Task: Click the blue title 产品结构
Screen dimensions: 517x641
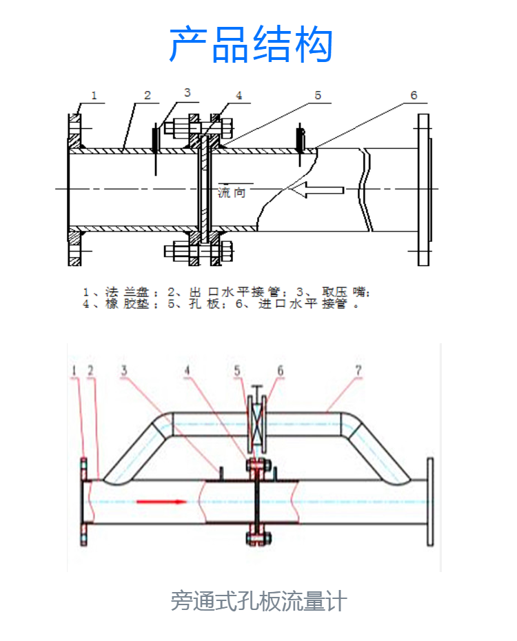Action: click(251, 45)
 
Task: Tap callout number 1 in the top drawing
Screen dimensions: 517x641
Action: click(94, 96)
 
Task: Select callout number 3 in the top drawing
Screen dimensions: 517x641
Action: click(187, 93)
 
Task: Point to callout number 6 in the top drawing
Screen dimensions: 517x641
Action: click(414, 95)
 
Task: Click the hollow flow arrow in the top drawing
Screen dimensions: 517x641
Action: click(318, 190)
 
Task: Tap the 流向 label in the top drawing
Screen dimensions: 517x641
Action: click(232, 192)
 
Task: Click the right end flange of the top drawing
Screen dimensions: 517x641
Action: click(424, 190)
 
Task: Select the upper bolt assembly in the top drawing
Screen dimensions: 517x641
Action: click(199, 128)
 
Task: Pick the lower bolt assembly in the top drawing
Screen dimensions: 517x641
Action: click(199, 251)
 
